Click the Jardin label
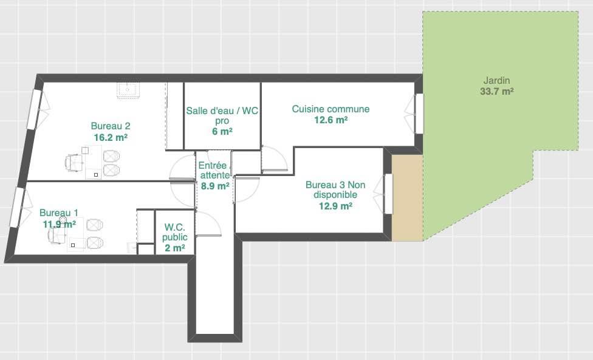pyautogui.click(x=496, y=81)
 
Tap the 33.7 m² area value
pyautogui.click(x=496, y=92)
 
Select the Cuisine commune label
pyautogui.click(x=331, y=109)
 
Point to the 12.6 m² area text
pyautogui.click(x=331, y=120)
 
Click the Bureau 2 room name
pyautogui.click(x=111, y=126)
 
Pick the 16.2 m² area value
pyautogui.click(x=111, y=137)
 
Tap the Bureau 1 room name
pyautogui.click(x=58, y=212)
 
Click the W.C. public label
pyautogui.click(x=175, y=232)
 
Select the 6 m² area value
pyautogui.click(x=222, y=132)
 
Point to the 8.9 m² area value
pyautogui.click(x=215, y=186)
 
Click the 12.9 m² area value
pyautogui.click(x=335, y=206)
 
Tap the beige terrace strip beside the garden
pyautogui.click(x=407, y=197)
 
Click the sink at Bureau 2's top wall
pyautogui.click(x=128, y=90)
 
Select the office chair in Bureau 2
pyautogui.click(x=75, y=163)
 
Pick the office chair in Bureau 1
pyautogui.click(x=57, y=236)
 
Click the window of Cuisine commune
pyautogui.click(x=419, y=114)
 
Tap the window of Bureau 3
pyautogui.click(x=388, y=194)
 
